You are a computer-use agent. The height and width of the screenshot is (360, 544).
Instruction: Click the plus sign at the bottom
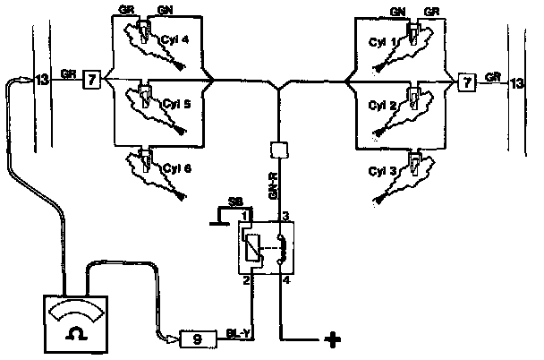point(334,340)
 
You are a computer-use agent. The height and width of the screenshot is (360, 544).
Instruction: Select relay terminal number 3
point(285,218)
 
